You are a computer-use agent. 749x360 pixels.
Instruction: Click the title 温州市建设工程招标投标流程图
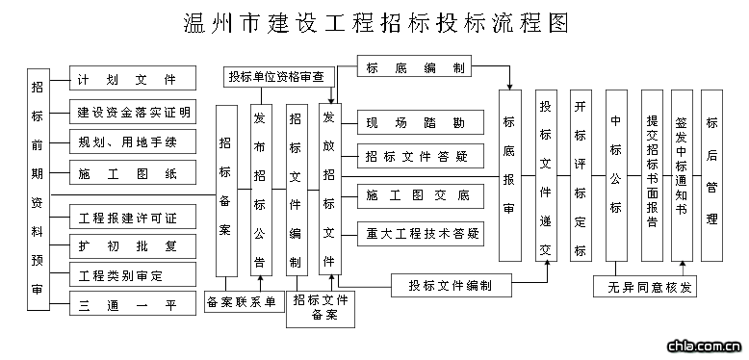click(374, 22)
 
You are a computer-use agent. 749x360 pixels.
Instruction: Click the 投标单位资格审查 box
click(275, 75)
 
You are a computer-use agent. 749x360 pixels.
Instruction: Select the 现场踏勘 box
click(416, 123)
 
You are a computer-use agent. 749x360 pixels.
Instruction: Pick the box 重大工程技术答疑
click(416, 232)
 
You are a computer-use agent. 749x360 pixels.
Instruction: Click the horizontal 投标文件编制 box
click(450, 286)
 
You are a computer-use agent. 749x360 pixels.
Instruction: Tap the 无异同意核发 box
click(644, 287)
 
